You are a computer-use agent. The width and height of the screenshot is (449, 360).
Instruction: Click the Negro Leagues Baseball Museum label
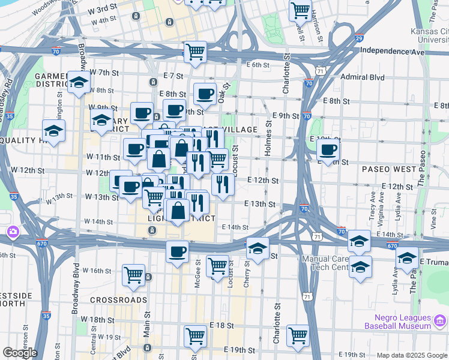pyautogui.click(x=397, y=322)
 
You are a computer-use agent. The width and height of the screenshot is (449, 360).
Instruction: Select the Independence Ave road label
pyautogui.click(x=393, y=52)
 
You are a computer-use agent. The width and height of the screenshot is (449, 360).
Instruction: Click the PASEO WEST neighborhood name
pyautogui.click(x=388, y=169)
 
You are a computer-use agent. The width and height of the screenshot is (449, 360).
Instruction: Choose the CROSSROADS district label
pyautogui.click(x=119, y=299)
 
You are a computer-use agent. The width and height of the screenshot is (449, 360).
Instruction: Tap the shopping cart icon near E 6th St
pyautogui.click(x=194, y=52)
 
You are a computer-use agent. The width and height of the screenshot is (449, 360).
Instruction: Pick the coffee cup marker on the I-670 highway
pyautogui.click(x=177, y=252)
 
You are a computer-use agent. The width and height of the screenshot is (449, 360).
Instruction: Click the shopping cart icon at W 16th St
pyautogui.click(x=133, y=275)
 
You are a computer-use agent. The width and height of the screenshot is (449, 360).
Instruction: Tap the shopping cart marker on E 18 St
pyautogui.click(x=195, y=336)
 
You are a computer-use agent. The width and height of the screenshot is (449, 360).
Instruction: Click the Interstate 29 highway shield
pyautogui.click(x=359, y=38)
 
